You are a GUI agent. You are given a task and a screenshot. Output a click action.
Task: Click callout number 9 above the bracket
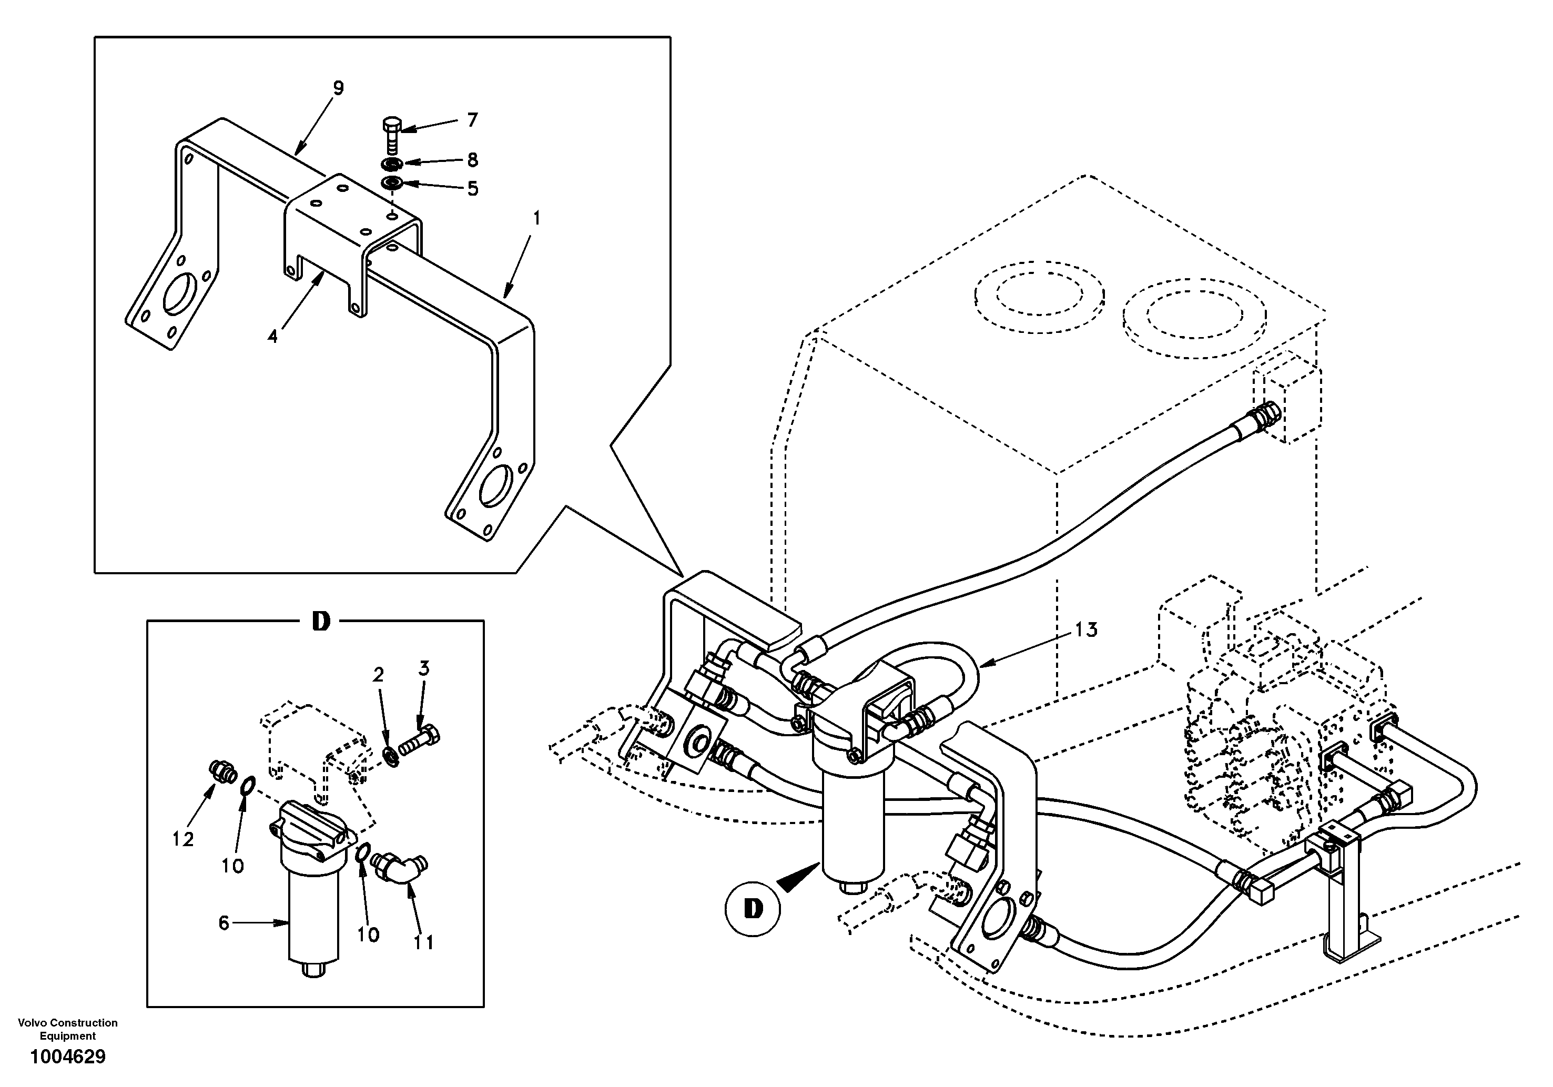tap(338, 88)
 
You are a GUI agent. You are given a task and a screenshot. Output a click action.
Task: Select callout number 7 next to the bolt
tap(472, 120)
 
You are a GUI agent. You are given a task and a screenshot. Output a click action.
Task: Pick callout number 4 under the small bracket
tap(272, 336)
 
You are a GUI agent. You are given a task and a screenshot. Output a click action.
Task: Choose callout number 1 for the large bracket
tap(536, 218)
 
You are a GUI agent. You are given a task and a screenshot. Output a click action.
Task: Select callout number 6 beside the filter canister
tap(225, 922)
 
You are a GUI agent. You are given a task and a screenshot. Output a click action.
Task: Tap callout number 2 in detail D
tap(378, 674)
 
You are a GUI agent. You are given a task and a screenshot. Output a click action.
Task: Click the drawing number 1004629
tap(68, 1056)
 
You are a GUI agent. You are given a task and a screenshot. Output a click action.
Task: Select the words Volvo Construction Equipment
tap(68, 1029)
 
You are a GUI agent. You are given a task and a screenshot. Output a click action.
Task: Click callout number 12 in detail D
tap(182, 839)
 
